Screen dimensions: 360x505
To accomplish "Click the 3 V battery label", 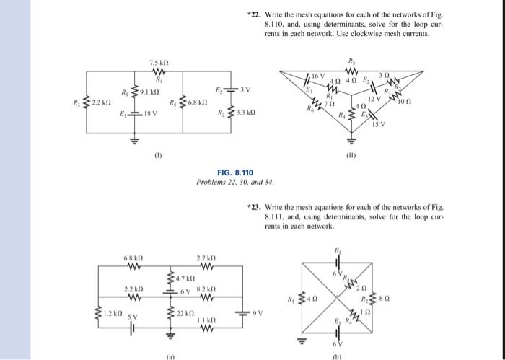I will [246, 89].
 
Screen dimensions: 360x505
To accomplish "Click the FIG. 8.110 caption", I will [234, 174].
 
